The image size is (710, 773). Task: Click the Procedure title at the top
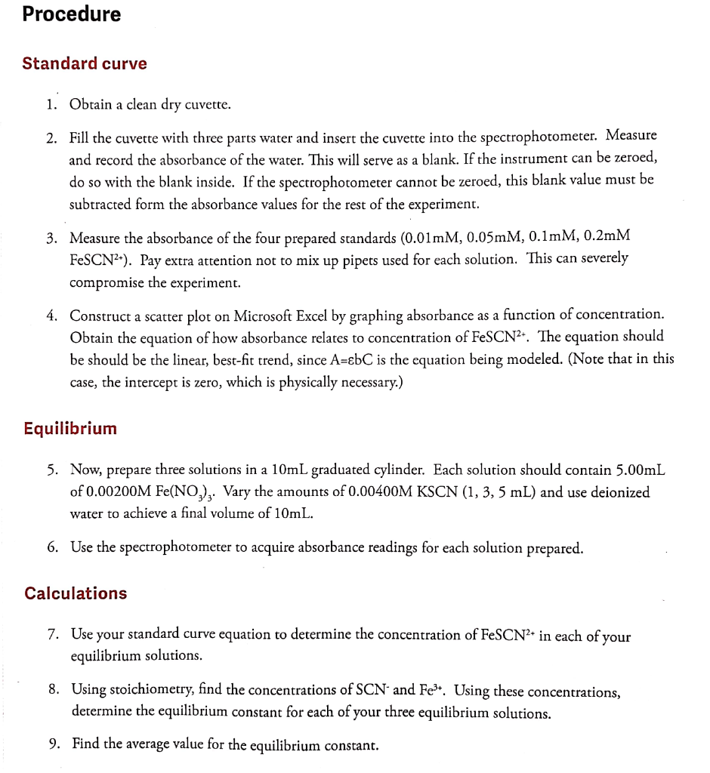(x=72, y=14)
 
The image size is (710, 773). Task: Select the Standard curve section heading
(x=85, y=63)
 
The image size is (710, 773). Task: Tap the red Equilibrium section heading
(x=70, y=429)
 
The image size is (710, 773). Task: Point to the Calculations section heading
(x=76, y=593)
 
